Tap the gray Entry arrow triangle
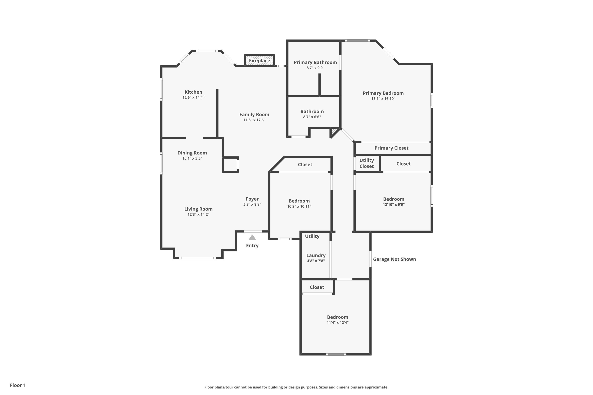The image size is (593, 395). coord(252,237)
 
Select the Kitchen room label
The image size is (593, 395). coord(193,92)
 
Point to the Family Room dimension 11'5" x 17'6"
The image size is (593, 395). coord(254,120)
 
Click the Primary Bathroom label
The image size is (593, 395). coord(315,62)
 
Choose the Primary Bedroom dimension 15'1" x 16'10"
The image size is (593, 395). coord(383,99)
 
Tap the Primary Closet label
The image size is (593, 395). coord(391,148)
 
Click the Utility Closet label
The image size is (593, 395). coord(367,163)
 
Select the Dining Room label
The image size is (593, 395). coord(192,153)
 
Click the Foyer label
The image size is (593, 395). coord(252,199)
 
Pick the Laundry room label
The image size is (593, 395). coord(316,255)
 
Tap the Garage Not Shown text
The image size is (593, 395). coord(395,259)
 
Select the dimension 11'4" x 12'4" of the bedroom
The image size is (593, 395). coord(338,323)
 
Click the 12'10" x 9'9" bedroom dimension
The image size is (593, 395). coord(394,205)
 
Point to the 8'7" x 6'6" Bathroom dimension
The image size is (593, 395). coord(312,117)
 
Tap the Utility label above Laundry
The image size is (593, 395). coord(312,236)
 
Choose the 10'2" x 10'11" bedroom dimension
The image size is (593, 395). coord(299,206)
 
